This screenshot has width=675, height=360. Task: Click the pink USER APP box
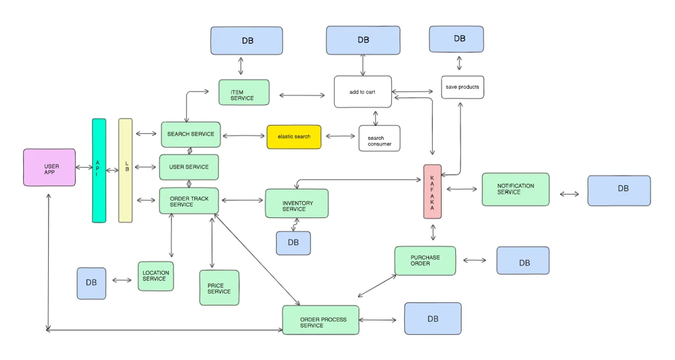49,167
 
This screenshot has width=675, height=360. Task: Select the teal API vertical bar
99,170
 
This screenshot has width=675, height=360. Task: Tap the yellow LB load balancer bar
125,170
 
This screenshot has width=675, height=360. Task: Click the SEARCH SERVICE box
191,134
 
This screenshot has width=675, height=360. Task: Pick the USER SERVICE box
189,167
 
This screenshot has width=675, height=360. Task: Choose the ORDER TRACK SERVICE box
189,201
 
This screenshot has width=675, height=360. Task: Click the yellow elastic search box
294,137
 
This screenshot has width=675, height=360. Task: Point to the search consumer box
379,138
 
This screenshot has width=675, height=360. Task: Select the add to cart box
362,92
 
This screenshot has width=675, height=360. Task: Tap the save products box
462,87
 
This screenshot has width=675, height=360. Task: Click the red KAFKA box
432,191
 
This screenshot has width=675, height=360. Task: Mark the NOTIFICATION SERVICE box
515,189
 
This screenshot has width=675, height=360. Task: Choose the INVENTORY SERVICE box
296,204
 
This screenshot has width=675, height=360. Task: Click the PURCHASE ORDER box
425,260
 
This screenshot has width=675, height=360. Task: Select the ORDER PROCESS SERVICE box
321,320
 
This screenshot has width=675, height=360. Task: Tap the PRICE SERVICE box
219,288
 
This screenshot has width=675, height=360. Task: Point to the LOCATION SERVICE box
155,276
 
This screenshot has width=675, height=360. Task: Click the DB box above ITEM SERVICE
247,41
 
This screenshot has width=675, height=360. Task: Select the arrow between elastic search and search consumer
340,136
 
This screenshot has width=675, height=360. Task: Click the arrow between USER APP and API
84,167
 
